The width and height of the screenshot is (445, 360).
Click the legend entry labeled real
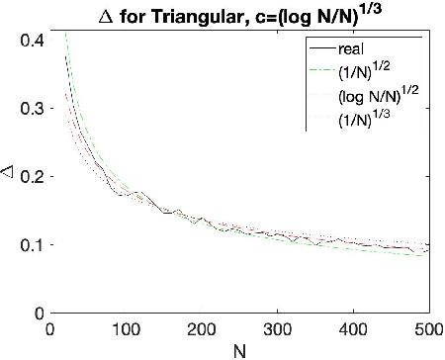[349, 47]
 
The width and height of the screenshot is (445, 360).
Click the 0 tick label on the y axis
[37, 313]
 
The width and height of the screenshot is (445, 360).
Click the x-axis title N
[239, 349]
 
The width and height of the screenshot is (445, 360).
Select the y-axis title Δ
[11, 177]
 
